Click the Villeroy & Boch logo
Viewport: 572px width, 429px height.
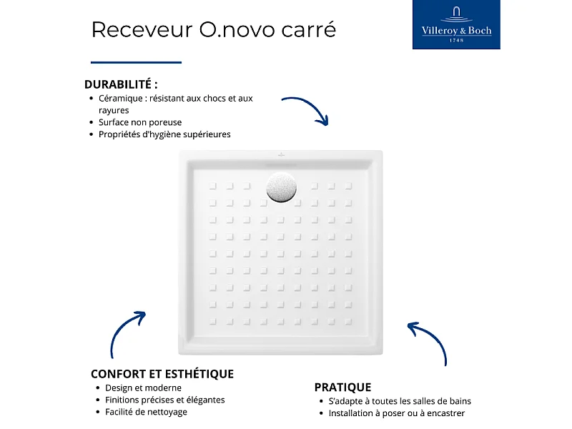(x=456, y=26)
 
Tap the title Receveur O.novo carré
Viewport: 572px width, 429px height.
(x=213, y=29)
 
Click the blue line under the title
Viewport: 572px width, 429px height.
(x=136, y=62)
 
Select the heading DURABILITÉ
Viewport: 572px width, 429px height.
(x=121, y=84)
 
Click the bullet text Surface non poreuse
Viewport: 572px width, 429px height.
(x=140, y=122)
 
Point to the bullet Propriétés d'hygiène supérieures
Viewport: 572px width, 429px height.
(x=164, y=134)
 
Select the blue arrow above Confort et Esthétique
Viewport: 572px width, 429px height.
(x=126, y=333)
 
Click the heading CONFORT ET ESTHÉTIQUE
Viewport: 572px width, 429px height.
(x=162, y=374)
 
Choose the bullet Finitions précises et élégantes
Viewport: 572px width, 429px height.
(x=164, y=400)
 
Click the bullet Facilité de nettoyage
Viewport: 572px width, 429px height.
(x=146, y=413)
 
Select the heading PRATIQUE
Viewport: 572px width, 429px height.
(x=342, y=387)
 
